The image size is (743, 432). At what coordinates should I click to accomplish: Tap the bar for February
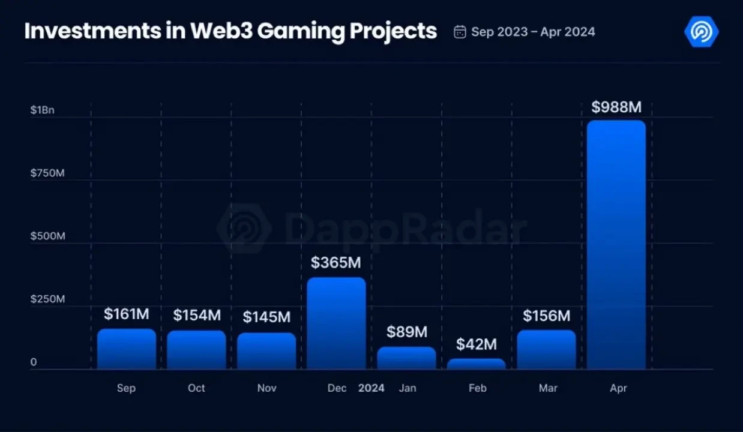477,364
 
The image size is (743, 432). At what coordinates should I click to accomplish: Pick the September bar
127,349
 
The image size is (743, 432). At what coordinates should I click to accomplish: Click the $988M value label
616,107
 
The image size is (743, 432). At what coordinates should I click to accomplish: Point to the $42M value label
477,344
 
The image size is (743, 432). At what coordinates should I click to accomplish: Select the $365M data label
336,263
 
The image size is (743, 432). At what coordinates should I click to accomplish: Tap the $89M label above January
407,332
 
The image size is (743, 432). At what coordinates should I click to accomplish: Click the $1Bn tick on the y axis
42,110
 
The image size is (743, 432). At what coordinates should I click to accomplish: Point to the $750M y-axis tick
47,173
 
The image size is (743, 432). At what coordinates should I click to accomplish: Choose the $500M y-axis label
47,236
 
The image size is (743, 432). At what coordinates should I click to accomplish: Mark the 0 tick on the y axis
34,362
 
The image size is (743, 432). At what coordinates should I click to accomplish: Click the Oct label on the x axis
196,388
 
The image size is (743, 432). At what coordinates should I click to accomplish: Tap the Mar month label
548,388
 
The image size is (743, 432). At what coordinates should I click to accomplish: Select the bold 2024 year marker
371,388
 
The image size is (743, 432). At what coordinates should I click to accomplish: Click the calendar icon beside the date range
460,32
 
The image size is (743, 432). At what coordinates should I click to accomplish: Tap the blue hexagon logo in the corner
701,32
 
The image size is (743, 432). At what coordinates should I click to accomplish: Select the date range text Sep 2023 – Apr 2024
533,32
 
